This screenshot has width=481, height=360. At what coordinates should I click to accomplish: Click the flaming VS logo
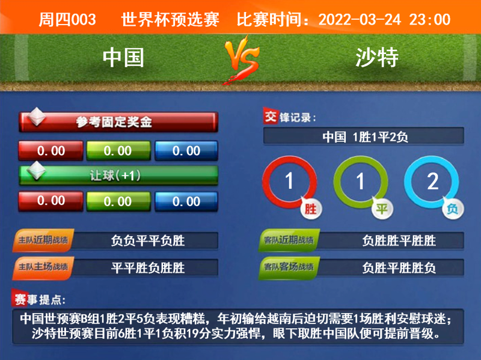coord(242,59)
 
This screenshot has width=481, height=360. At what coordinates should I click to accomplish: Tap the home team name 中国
coord(123,58)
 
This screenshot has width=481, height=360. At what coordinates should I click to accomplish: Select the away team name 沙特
coord(377,58)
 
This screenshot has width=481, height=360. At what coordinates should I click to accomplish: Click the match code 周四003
coord(67,20)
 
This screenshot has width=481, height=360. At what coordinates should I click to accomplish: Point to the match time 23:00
coord(430,20)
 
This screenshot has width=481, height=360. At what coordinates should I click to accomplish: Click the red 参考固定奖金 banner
coord(118,122)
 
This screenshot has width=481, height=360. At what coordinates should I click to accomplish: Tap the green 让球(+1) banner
coord(118,175)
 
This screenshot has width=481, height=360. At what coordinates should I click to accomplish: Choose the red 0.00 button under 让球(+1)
coord(51,201)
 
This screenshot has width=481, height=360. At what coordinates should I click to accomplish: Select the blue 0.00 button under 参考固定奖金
coord(186,151)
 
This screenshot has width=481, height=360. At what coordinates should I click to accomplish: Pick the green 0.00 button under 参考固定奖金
coord(118,151)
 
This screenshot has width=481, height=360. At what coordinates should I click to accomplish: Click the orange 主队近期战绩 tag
coord(43,240)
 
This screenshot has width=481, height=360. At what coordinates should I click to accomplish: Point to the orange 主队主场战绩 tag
coord(43,267)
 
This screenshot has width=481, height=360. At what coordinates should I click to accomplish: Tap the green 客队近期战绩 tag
coord(289,240)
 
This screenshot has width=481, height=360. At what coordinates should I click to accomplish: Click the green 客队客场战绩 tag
coord(289,267)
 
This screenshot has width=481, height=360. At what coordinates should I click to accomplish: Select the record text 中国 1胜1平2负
coord(365,137)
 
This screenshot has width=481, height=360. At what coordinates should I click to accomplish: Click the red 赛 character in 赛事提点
coord(20,299)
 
